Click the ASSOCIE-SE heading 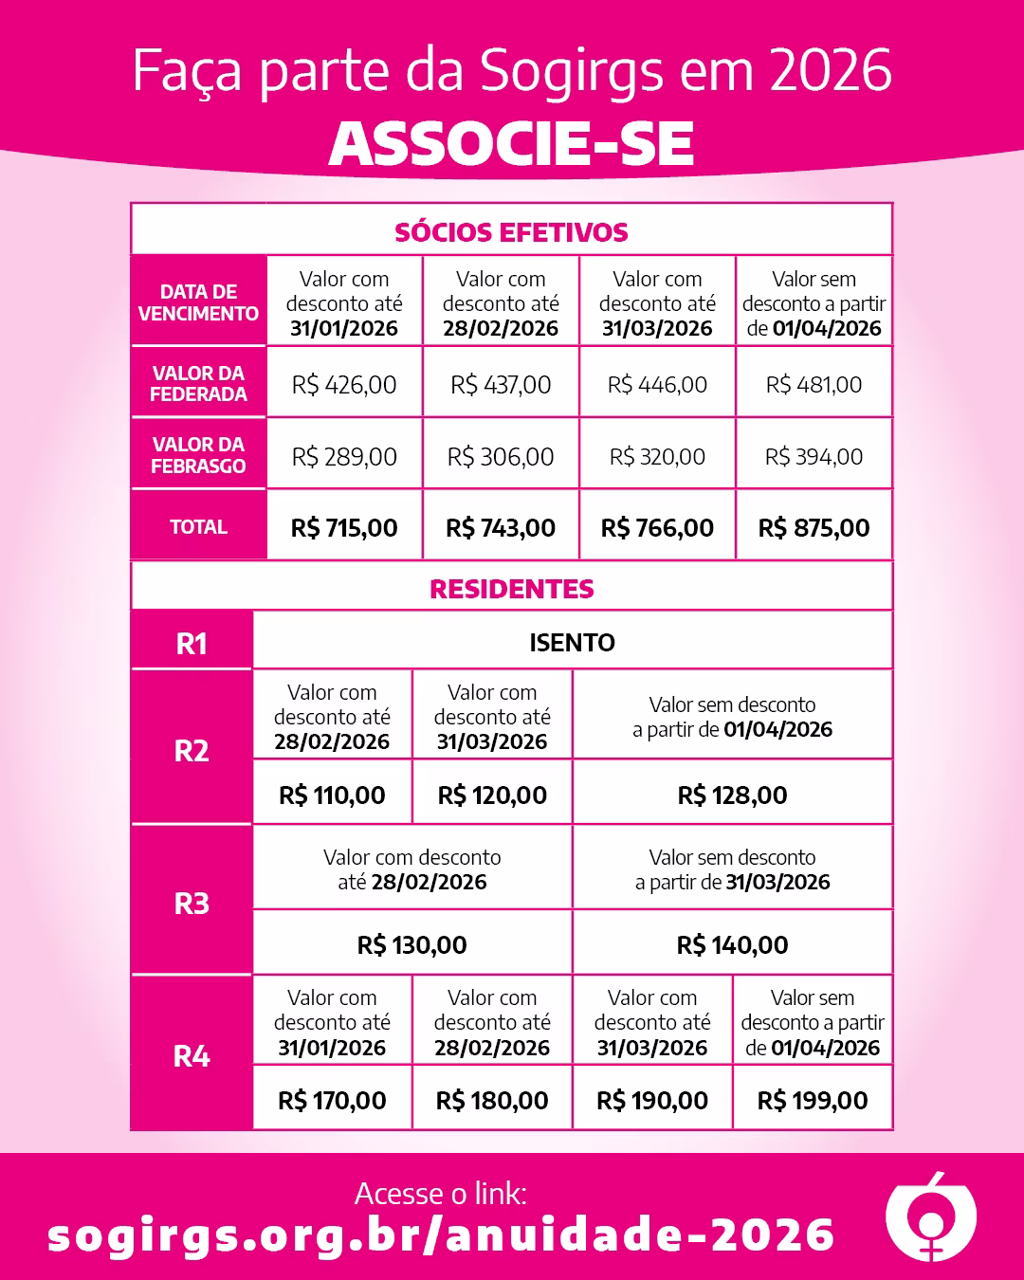tap(512, 144)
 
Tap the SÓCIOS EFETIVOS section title tap(511, 232)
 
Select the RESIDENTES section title tap(511, 589)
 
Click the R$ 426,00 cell tap(344, 384)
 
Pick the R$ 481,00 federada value tap(814, 384)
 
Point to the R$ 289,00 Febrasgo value tap(344, 456)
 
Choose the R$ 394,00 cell tap(814, 456)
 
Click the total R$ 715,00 tap(344, 527)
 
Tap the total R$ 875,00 tap(814, 527)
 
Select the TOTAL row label tap(198, 527)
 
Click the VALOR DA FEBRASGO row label tap(198, 455)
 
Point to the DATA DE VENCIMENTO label tap(198, 302)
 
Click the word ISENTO tap(572, 642)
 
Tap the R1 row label tap(192, 644)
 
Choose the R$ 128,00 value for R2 tap(732, 795)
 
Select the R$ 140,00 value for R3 tap(732, 944)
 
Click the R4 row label tap(192, 1056)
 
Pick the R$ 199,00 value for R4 tap(813, 1100)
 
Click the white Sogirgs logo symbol tap(930, 1217)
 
